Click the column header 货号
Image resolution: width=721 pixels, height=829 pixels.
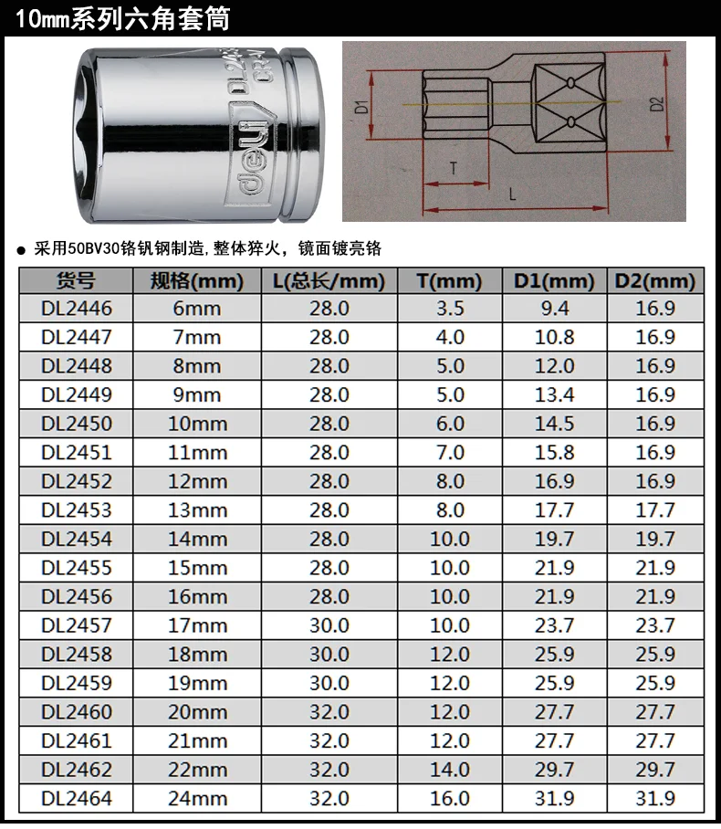pyautogui.click(x=76, y=280)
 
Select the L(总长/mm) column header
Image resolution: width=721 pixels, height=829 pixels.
pyautogui.click(x=329, y=280)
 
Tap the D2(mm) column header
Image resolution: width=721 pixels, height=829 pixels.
pyautogui.click(x=655, y=280)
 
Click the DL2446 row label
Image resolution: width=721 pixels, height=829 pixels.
pyautogui.click(x=77, y=309)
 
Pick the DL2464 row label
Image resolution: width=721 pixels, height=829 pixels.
pyautogui.click(x=77, y=798)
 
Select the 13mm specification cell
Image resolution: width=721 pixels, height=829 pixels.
pyautogui.click(x=197, y=510)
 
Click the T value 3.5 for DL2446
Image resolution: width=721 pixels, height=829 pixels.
pyautogui.click(x=450, y=309)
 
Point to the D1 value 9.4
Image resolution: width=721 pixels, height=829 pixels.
pyautogui.click(x=555, y=309)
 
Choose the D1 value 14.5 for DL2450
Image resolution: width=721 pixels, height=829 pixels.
pyautogui.click(x=555, y=424)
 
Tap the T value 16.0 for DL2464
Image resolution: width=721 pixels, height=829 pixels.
pyautogui.click(x=450, y=798)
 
